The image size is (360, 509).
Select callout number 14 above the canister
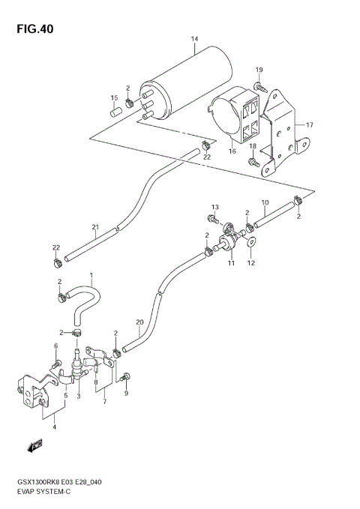(194, 39)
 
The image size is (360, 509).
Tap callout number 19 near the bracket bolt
(259, 70)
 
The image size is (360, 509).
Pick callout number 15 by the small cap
(115, 97)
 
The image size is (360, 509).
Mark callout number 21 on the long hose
(95, 228)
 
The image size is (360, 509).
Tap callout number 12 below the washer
(252, 262)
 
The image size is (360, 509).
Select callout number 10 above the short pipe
(264, 202)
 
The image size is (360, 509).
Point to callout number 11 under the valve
(231, 263)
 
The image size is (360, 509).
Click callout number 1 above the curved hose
(91, 275)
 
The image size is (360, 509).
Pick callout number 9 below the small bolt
(127, 394)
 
